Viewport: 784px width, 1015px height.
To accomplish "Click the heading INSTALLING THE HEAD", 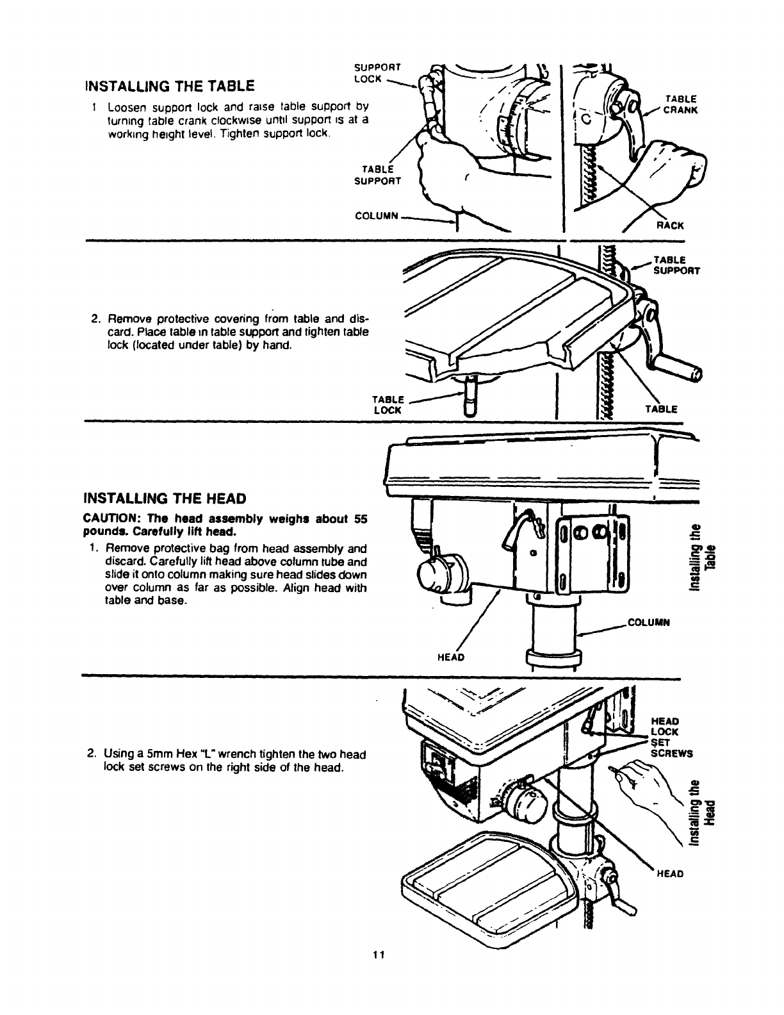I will [166, 499].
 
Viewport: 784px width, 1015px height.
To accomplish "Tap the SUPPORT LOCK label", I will [377, 72].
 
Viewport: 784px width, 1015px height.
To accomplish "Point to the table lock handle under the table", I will [470, 397].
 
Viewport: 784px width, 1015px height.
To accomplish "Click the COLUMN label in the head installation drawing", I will [648, 622].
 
